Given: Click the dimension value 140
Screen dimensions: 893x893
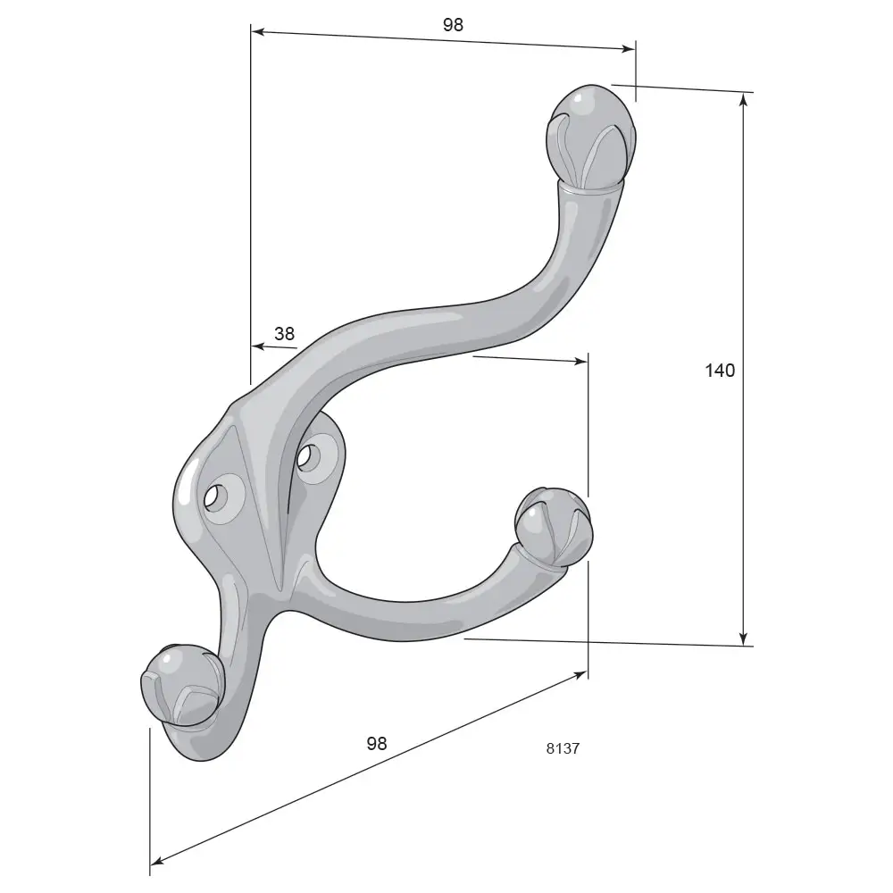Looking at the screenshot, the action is (x=720, y=371).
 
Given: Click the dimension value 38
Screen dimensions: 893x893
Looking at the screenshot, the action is (x=284, y=333).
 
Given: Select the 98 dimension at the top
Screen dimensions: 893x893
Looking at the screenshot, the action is (x=453, y=24).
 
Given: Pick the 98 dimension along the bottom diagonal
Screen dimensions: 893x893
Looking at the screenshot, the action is (x=377, y=743).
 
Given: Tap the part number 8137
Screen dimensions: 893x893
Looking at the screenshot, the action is (x=563, y=748).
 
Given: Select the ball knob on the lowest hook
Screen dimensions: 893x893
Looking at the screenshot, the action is (x=181, y=685).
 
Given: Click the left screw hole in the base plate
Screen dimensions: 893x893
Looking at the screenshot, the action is (x=214, y=498).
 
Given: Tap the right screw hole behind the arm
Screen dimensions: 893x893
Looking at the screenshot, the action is (x=305, y=456).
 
